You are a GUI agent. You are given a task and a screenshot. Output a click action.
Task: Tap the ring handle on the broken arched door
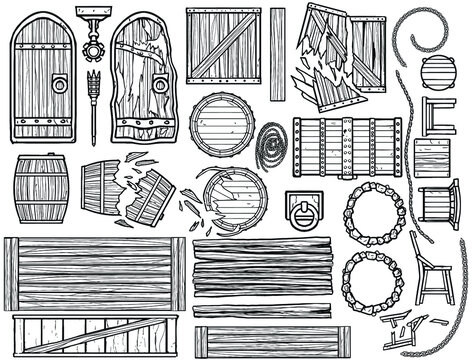pyautogui.click(x=158, y=87)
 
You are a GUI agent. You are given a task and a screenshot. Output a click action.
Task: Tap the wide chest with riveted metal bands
pyautogui.click(x=346, y=147)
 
